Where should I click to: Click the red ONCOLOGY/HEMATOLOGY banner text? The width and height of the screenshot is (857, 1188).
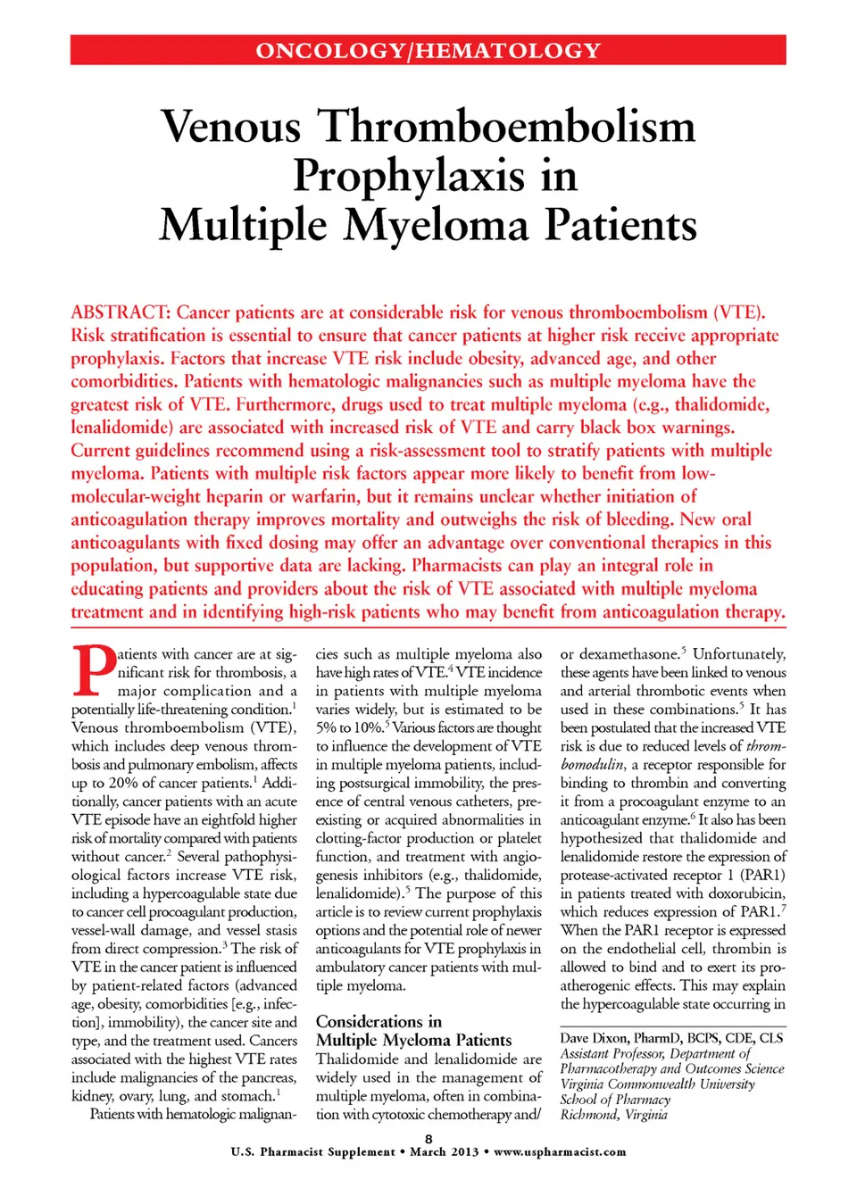click(428, 51)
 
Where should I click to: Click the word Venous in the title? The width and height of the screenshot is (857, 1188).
click(231, 126)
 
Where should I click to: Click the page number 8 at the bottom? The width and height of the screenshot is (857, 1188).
click(428, 1138)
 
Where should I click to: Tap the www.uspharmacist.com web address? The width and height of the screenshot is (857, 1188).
click(560, 1151)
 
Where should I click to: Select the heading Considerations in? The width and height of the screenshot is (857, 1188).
click(379, 1021)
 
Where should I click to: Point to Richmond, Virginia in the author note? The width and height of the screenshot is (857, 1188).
click(613, 1114)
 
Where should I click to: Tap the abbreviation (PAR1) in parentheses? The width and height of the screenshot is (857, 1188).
click(762, 875)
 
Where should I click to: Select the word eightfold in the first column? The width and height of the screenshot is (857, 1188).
click(226, 819)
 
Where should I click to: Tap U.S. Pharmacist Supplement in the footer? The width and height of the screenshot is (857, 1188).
click(312, 1151)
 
